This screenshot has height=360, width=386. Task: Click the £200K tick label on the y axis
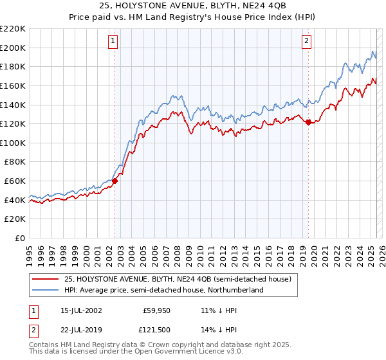pos(13,48)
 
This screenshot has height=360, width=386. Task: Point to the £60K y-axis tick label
pos(15,181)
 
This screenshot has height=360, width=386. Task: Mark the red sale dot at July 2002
pos(115,181)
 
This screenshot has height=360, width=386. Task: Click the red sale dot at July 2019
pos(308,122)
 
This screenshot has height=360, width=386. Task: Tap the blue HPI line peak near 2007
pos(174,94)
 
